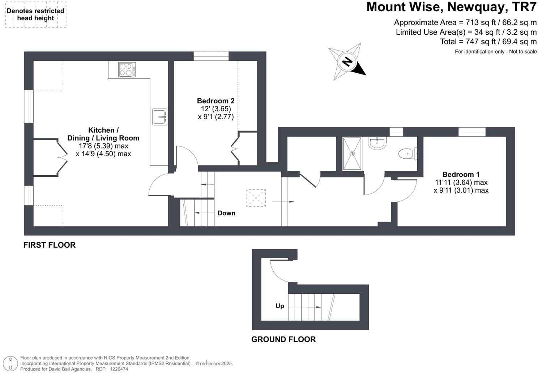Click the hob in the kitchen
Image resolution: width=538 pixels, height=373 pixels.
[x=127, y=69]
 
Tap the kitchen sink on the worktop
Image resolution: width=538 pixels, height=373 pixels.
[x=159, y=117]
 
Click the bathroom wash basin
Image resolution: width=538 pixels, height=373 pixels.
[x=377, y=143]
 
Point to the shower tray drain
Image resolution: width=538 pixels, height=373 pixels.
[x=352, y=154]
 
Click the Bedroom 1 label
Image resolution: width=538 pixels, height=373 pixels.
[x=461, y=174]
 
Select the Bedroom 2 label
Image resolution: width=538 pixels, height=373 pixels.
[x=216, y=101]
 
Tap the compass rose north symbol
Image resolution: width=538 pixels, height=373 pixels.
[x=347, y=62]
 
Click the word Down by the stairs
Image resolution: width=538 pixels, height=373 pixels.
[x=226, y=213]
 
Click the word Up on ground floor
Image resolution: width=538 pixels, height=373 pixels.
[x=280, y=306]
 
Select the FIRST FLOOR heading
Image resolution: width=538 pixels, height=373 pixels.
[x=50, y=245]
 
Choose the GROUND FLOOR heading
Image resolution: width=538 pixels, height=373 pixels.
[x=283, y=339]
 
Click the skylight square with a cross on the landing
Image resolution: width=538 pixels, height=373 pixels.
[x=256, y=198]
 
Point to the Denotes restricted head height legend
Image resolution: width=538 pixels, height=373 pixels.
[x=35, y=15]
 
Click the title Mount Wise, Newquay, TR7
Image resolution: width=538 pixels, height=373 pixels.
[x=451, y=7]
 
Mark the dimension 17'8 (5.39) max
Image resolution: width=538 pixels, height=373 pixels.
[x=103, y=146]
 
